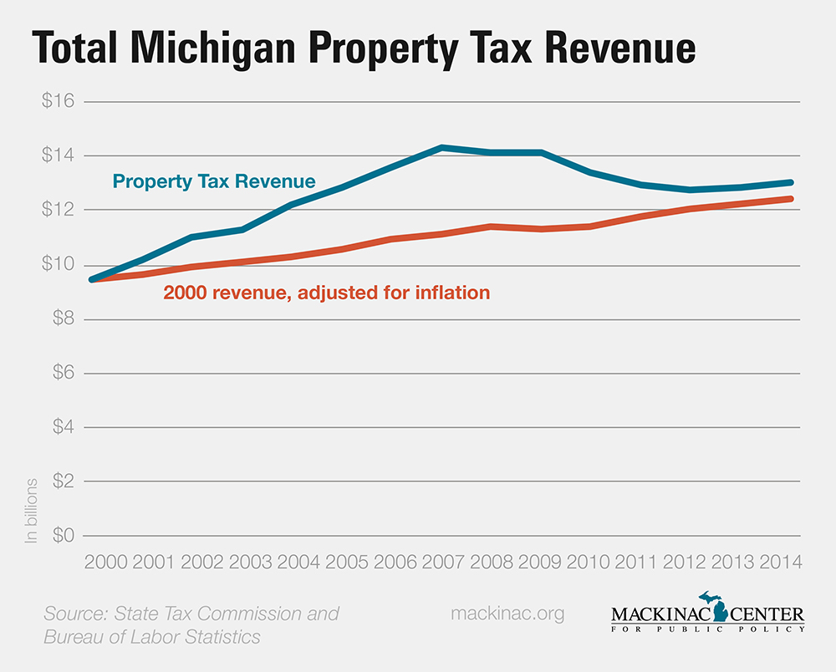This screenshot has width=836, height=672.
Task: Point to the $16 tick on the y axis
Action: pyautogui.click(x=59, y=102)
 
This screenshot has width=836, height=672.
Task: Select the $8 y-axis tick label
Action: pyautogui.click(x=59, y=319)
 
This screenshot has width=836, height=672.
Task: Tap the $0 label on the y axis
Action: pyautogui.click(x=59, y=536)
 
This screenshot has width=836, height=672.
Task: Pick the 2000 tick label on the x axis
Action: pyautogui.click(x=105, y=562)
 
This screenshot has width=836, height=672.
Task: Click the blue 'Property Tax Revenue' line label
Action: pyautogui.click(x=214, y=181)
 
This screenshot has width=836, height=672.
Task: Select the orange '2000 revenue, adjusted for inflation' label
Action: pyautogui.click(x=326, y=293)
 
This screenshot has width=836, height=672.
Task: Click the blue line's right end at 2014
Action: pyautogui.click(x=789, y=182)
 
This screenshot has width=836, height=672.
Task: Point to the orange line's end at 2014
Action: pyautogui.click(x=789, y=199)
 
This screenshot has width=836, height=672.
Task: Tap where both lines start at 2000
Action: pyautogui.click(x=93, y=279)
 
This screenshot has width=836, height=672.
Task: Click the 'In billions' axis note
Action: pyautogui.click(x=32, y=511)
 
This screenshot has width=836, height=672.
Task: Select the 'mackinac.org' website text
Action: pyautogui.click(x=507, y=613)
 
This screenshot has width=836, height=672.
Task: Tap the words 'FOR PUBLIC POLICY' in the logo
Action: pyautogui.click(x=708, y=629)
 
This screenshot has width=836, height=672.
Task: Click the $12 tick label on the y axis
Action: pyautogui.click(x=59, y=211)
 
